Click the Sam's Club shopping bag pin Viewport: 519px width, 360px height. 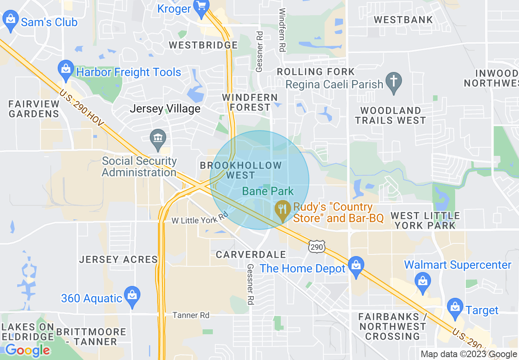[x=11, y=20]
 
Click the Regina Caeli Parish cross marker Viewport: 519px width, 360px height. [x=394, y=82]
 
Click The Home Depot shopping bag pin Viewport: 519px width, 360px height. [x=356, y=266]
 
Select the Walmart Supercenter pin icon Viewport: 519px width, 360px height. [x=422, y=283]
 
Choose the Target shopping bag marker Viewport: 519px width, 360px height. [x=455, y=308]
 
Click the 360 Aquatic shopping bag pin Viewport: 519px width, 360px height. [x=132, y=296]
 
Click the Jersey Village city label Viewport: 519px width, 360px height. [x=165, y=109]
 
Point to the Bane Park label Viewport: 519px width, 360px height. [x=268, y=191]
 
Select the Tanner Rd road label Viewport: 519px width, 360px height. [x=191, y=315]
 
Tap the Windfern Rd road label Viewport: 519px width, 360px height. [x=282, y=29]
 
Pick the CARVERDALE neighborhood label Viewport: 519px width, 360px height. [x=251, y=254]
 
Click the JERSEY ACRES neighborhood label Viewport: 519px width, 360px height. [x=118, y=259]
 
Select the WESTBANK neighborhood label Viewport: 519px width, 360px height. [x=403, y=20]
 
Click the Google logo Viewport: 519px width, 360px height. [x=27, y=350]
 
